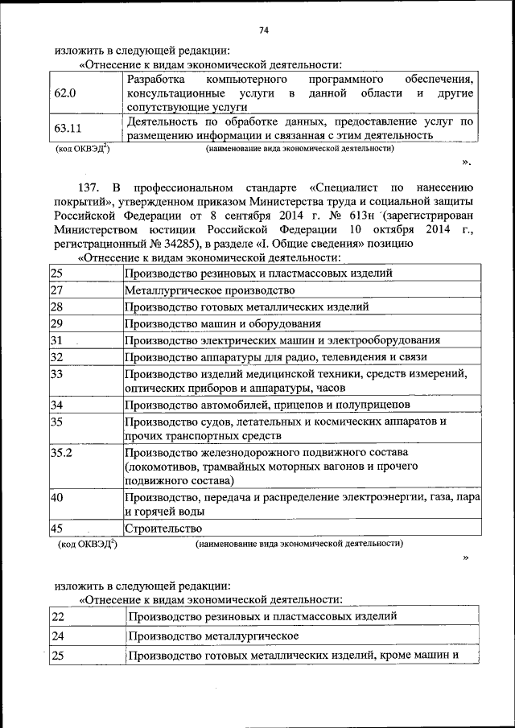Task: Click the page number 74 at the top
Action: [263, 30]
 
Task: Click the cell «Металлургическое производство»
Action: [209, 290]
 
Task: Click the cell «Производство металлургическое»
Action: [214, 635]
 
